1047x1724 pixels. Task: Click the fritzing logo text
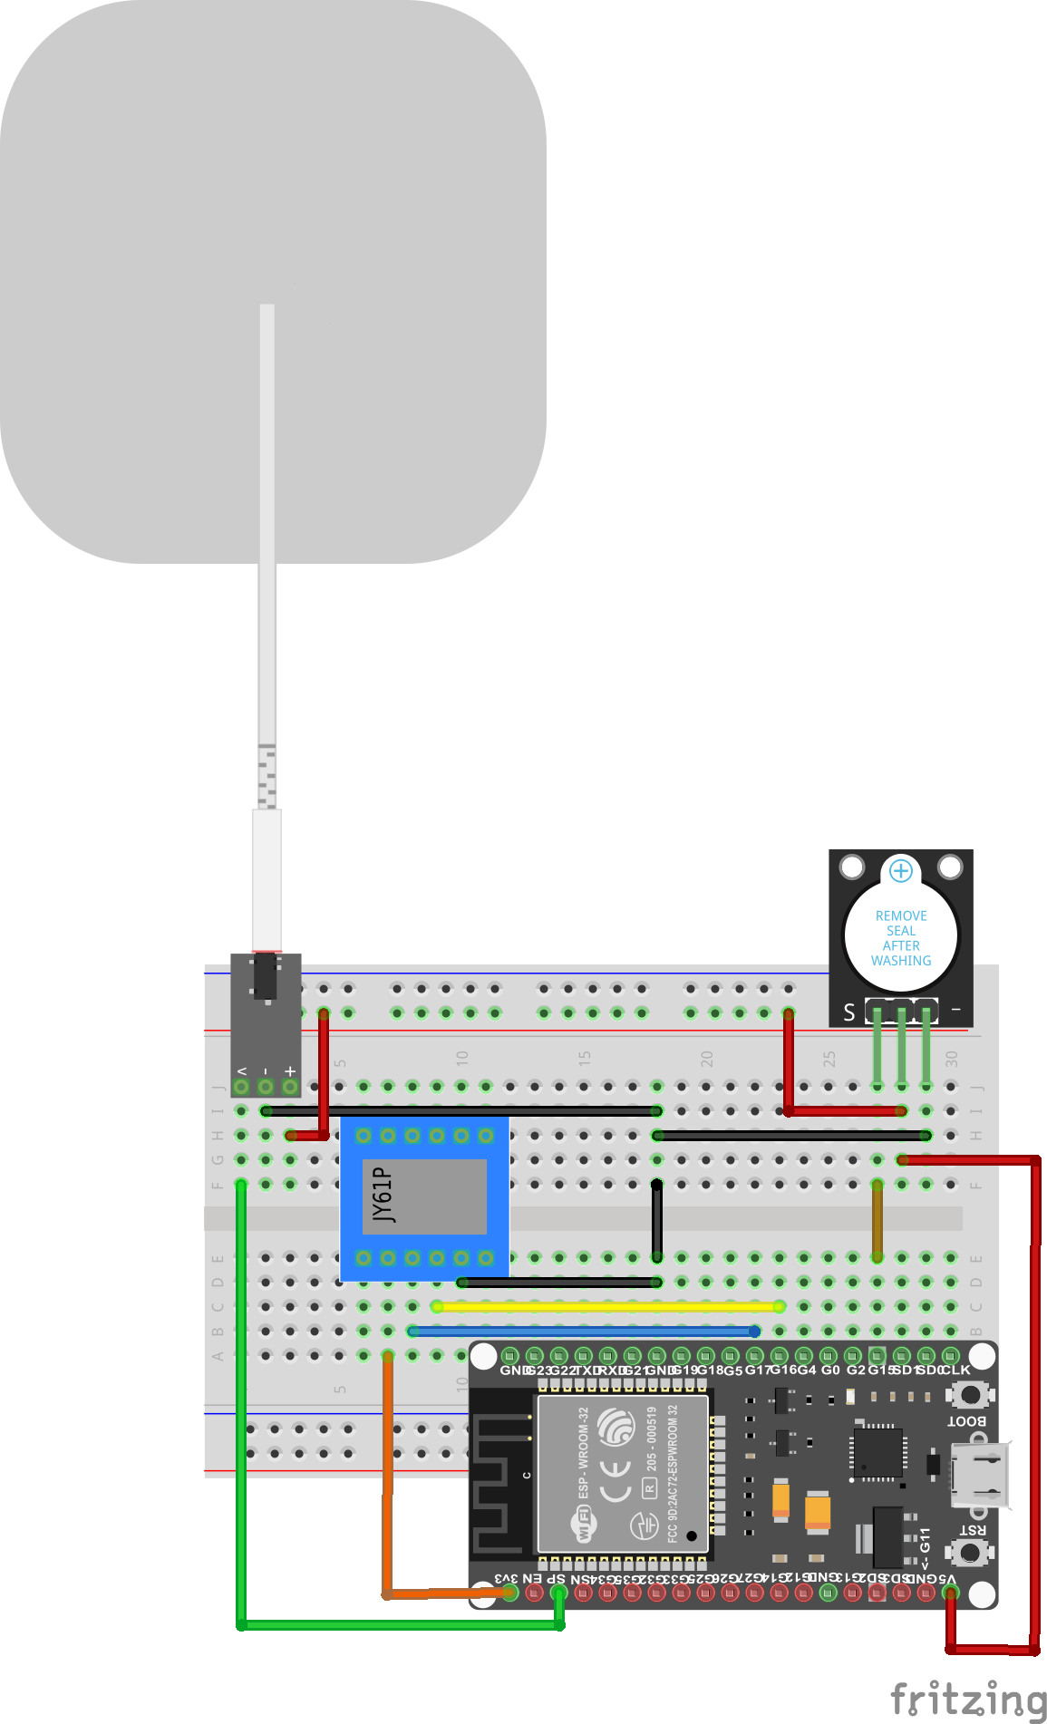tap(968, 1698)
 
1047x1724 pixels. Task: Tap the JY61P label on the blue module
tap(384, 1196)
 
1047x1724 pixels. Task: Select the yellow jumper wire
tap(607, 1307)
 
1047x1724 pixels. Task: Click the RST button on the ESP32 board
tap(971, 1551)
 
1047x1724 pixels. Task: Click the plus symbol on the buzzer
tap(901, 871)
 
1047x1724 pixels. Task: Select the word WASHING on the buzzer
tap(901, 961)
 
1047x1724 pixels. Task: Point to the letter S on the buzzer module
tap(849, 1012)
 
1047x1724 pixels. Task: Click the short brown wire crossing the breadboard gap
tap(877, 1221)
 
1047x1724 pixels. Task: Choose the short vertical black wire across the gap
tap(657, 1221)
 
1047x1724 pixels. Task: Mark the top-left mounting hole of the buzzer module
tap(852, 867)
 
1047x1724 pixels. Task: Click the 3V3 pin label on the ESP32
tap(507, 1578)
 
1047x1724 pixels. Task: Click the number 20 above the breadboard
tap(707, 1059)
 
